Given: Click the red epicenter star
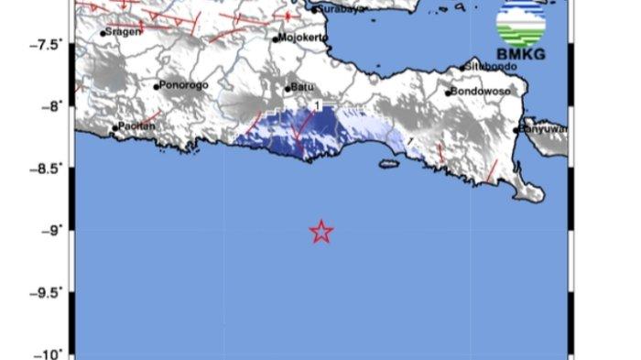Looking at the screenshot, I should pyautogui.click(x=320, y=232).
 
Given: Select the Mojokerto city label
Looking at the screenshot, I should pyautogui.click(x=304, y=39).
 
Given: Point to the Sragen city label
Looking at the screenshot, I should pyautogui.click(x=125, y=32).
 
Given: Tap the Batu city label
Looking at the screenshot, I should pyautogui.click(x=303, y=88).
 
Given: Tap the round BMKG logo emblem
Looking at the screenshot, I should pyautogui.click(x=518, y=22).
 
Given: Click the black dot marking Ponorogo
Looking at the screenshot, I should pyautogui.click(x=157, y=87).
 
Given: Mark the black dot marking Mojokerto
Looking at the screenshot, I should pyautogui.click(x=275, y=39).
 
